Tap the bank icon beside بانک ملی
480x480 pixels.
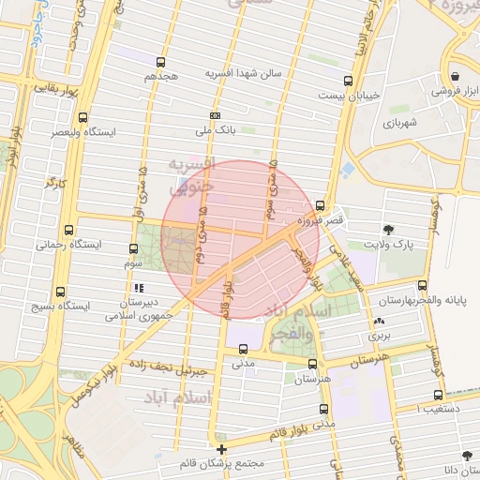(x=216, y=115)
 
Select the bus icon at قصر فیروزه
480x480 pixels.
(x=321, y=205)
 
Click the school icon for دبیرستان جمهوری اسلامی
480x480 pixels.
(x=140, y=288)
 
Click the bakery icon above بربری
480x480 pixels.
(x=379, y=321)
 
